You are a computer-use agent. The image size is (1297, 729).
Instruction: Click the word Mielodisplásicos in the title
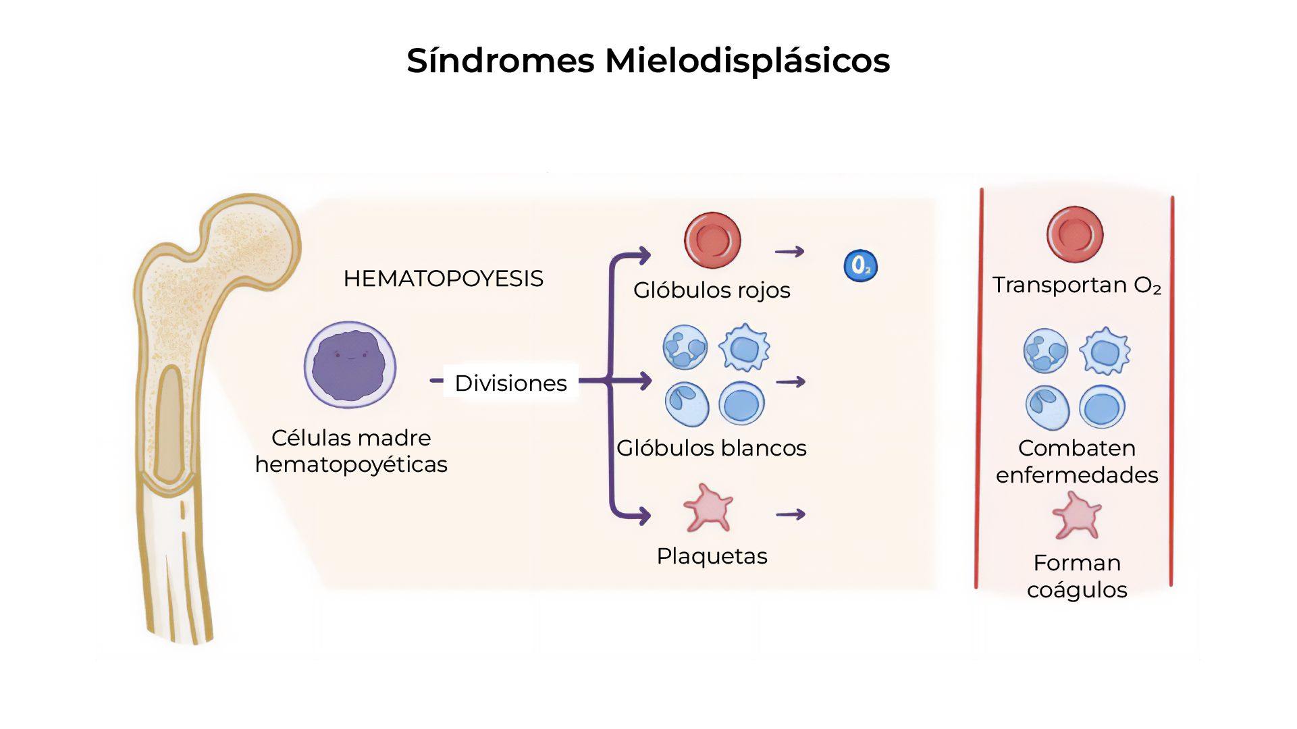(747, 61)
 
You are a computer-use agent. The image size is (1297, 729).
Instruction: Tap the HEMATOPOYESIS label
(443, 279)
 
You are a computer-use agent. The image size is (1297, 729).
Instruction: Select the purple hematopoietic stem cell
(350, 364)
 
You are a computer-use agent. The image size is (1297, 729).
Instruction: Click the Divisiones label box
(510, 383)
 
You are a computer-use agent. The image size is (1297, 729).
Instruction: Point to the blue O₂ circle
(861, 266)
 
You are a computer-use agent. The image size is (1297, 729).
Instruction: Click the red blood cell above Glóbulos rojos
(712, 240)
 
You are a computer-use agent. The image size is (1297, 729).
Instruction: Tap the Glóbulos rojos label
(712, 290)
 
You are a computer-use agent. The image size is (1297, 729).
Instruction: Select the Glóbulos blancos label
(712, 448)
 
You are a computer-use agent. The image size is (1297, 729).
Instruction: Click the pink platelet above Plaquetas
(708, 508)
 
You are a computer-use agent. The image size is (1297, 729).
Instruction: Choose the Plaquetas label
(712, 556)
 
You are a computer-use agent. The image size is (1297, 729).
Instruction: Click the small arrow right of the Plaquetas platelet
(791, 514)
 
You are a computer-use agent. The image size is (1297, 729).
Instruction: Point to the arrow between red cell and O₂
(789, 252)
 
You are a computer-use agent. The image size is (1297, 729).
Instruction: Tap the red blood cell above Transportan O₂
(1075, 234)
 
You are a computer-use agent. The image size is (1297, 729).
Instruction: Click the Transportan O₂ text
(1076, 285)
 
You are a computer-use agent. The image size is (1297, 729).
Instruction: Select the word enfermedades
(1077, 475)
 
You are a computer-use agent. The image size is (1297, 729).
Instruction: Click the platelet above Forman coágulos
(1077, 516)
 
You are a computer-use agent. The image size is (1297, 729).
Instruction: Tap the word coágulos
(1077, 590)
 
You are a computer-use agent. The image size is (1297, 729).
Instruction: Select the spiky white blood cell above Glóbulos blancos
(744, 348)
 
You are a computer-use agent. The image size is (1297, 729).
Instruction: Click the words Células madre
(351, 438)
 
